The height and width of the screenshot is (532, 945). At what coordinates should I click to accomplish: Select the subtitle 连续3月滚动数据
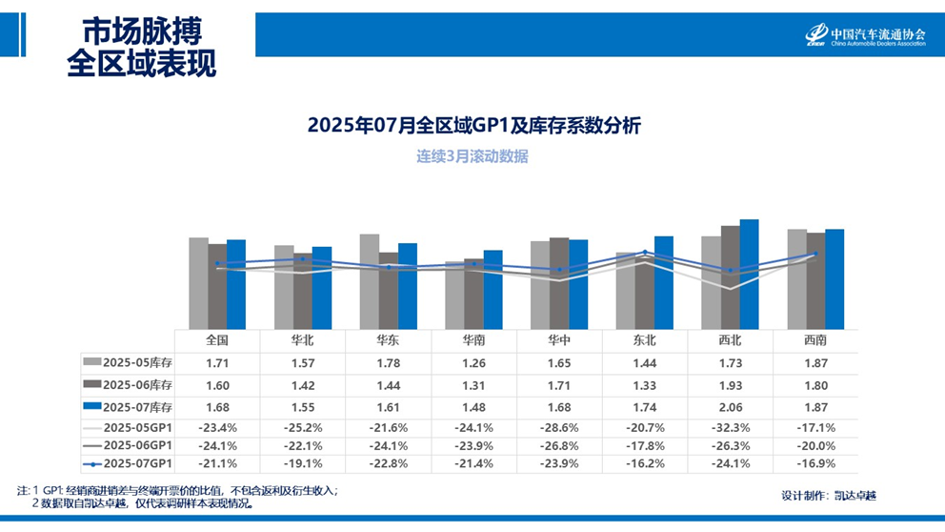pyautogui.click(x=472, y=156)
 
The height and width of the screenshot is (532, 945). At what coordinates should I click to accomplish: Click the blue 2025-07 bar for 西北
pyautogui.click(x=749, y=275)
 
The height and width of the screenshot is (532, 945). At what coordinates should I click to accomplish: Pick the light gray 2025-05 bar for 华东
pyautogui.click(x=369, y=281)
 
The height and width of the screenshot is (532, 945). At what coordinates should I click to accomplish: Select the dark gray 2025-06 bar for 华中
pyautogui.click(x=559, y=283)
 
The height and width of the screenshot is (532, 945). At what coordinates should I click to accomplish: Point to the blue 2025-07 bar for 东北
pyautogui.click(x=664, y=282)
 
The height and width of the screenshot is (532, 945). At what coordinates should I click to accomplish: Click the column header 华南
pyautogui.click(x=473, y=339)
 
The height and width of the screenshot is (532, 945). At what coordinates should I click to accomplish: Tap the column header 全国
pyautogui.click(x=217, y=339)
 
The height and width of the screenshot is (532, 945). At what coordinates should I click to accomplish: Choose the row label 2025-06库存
pyautogui.click(x=129, y=384)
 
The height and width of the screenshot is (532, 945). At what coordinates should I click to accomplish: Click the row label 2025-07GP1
pyautogui.click(x=129, y=463)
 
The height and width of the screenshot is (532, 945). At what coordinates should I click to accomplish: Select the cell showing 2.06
pyautogui.click(x=730, y=406)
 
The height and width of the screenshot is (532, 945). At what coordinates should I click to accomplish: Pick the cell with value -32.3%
pyautogui.click(x=730, y=427)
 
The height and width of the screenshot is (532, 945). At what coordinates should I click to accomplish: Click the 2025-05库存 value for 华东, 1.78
pyautogui.click(x=388, y=363)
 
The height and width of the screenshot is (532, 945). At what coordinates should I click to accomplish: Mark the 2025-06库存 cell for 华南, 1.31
pyautogui.click(x=473, y=384)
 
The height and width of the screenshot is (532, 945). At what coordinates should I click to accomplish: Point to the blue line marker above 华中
pyautogui.click(x=559, y=270)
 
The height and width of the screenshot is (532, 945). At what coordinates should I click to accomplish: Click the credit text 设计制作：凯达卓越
pyautogui.click(x=828, y=495)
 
